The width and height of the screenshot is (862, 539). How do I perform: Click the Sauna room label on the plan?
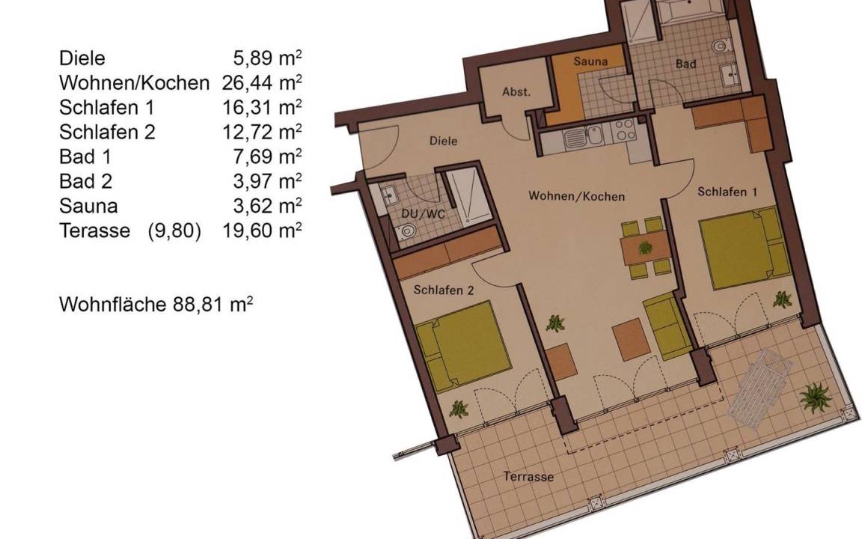(590, 61)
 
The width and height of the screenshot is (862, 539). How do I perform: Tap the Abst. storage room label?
(516, 92)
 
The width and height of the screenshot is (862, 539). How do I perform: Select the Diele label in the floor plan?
(443, 141)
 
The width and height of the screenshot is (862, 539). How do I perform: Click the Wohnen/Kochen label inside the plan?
(577, 196)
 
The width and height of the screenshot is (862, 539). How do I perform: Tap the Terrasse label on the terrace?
(528, 476)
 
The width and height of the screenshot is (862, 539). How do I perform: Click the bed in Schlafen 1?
(745, 247)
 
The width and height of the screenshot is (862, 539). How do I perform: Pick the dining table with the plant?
(646, 248)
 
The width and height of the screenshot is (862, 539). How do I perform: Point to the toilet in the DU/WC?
(405, 231)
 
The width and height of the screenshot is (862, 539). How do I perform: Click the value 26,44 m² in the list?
(262, 82)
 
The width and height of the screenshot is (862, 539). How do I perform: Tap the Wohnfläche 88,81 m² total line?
(156, 304)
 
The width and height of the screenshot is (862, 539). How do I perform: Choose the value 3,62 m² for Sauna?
(267, 206)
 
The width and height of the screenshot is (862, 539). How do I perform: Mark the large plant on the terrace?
(816, 398)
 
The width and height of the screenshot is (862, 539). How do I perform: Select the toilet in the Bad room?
(720, 46)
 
